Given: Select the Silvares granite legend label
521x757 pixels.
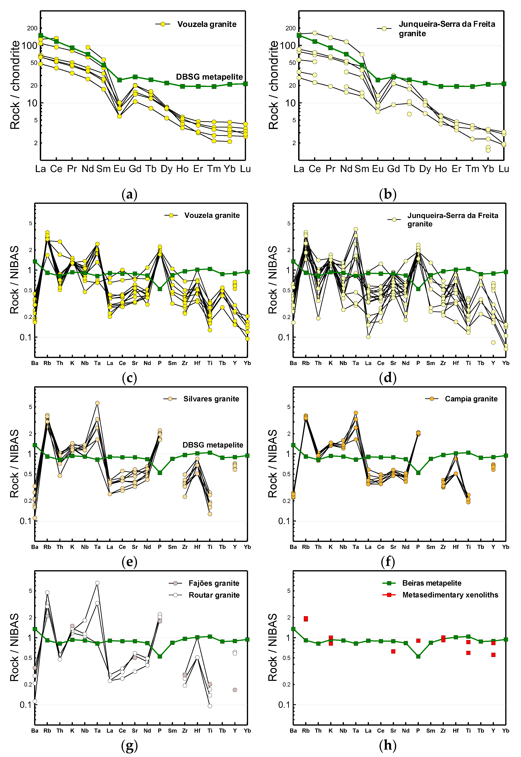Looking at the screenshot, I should click(x=211, y=399).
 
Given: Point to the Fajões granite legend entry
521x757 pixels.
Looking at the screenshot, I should click(x=214, y=583).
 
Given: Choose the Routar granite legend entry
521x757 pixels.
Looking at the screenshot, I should click(x=214, y=595).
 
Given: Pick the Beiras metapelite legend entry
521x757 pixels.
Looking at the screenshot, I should click(x=432, y=583).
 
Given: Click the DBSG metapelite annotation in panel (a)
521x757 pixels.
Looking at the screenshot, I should click(x=209, y=77).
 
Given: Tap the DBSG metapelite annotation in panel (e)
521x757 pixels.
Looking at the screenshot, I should click(x=213, y=445).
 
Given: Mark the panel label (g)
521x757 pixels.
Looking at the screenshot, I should click(x=129, y=745).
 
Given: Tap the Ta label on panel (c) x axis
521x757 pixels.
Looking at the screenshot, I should click(x=97, y=363).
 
